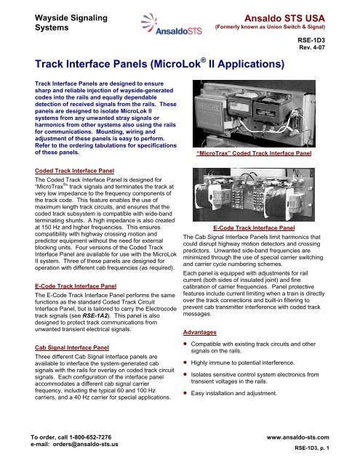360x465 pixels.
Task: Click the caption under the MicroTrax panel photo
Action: coord(264,155)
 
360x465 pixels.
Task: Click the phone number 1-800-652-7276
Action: coord(87,436)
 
